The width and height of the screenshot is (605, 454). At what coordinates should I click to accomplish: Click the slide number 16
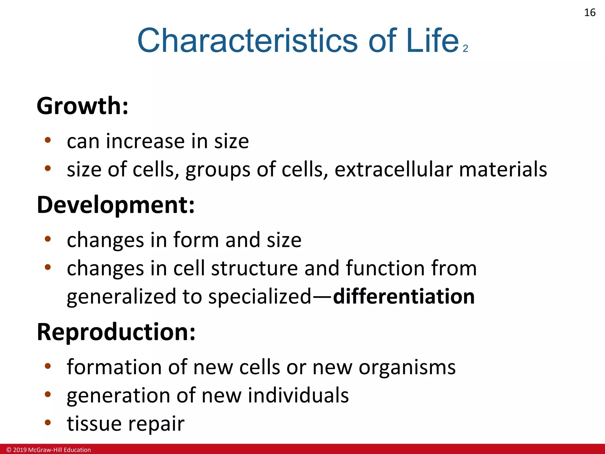[590, 13]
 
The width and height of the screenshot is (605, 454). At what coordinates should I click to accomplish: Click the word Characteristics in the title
[247, 40]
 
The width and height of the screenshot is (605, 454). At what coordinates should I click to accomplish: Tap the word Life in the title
[432, 40]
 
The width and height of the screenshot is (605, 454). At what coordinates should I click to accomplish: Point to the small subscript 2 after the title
[466, 48]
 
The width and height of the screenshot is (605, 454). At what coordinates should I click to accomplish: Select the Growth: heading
[83, 106]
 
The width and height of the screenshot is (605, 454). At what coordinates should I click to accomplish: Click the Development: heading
[116, 205]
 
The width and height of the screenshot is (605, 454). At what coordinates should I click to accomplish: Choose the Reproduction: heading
[116, 332]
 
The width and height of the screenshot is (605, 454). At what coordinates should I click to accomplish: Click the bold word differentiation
[404, 296]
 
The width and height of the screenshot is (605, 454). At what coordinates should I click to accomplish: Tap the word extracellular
[393, 169]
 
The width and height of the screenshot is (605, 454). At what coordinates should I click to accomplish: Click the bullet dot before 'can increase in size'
[48, 140]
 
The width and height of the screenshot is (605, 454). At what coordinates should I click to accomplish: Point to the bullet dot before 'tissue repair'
[48, 422]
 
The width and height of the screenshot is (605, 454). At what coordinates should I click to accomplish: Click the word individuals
[298, 395]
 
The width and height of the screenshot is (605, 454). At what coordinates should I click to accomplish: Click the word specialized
[260, 297]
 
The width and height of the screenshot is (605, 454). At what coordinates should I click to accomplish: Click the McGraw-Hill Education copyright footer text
[49, 450]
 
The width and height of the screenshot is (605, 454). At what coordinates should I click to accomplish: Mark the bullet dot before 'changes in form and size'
[48, 239]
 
